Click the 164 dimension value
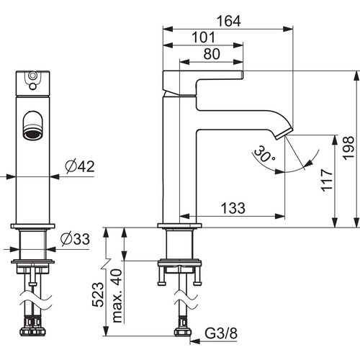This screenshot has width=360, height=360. (x=228, y=21)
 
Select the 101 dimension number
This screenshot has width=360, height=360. (x=203, y=37)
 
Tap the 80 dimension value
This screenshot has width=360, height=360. (x=212, y=54)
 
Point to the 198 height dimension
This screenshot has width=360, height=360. (x=348, y=148)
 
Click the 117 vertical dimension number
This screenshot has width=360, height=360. (x=327, y=180)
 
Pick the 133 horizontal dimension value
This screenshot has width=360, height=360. (x=233, y=208)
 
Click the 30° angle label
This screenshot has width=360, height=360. (x=264, y=154)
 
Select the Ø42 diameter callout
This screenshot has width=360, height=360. (x=80, y=166)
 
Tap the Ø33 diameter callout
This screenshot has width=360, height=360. (x=76, y=239)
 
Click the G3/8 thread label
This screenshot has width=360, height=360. (x=221, y=333)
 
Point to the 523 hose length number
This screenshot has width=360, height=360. (x=98, y=294)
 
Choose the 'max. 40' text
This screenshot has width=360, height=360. (x=117, y=296)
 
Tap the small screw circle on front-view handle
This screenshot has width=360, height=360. (x=32, y=75)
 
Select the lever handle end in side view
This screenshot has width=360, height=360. (x=241, y=75)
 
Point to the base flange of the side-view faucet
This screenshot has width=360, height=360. (x=179, y=225)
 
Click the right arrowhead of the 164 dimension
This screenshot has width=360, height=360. (x=288, y=29)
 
